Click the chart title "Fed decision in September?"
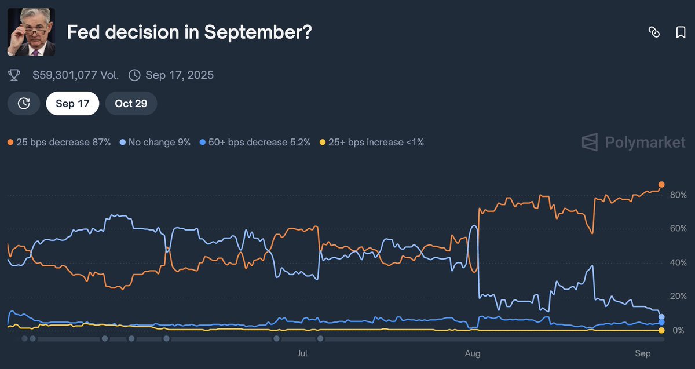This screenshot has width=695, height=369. click(x=189, y=32)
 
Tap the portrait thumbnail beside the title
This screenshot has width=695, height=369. click(x=31, y=32)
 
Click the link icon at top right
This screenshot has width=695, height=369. click(x=654, y=32)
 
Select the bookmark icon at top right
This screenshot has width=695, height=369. click(x=681, y=32)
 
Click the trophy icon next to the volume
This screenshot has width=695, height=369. click(x=14, y=75)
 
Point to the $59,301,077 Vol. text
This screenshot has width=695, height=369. click(x=75, y=75)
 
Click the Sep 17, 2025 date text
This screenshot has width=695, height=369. click(x=180, y=75)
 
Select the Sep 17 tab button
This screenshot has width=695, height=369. click(x=72, y=104)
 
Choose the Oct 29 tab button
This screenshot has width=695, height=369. click(x=131, y=104)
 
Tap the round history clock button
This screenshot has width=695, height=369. click(x=24, y=104)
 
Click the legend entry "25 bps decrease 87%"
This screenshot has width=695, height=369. click(x=59, y=142)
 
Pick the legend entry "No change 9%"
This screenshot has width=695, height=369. click(x=155, y=142)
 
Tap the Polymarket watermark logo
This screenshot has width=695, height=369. click(x=634, y=143)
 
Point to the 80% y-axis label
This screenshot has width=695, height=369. click(x=678, y=195)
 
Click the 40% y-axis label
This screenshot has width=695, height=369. click(x=678, y=263)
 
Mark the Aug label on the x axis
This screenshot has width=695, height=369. click(x=473, y=353)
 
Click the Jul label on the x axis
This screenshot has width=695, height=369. click(x=302, y=353)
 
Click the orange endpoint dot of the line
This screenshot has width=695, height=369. click(x=661, y=185)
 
